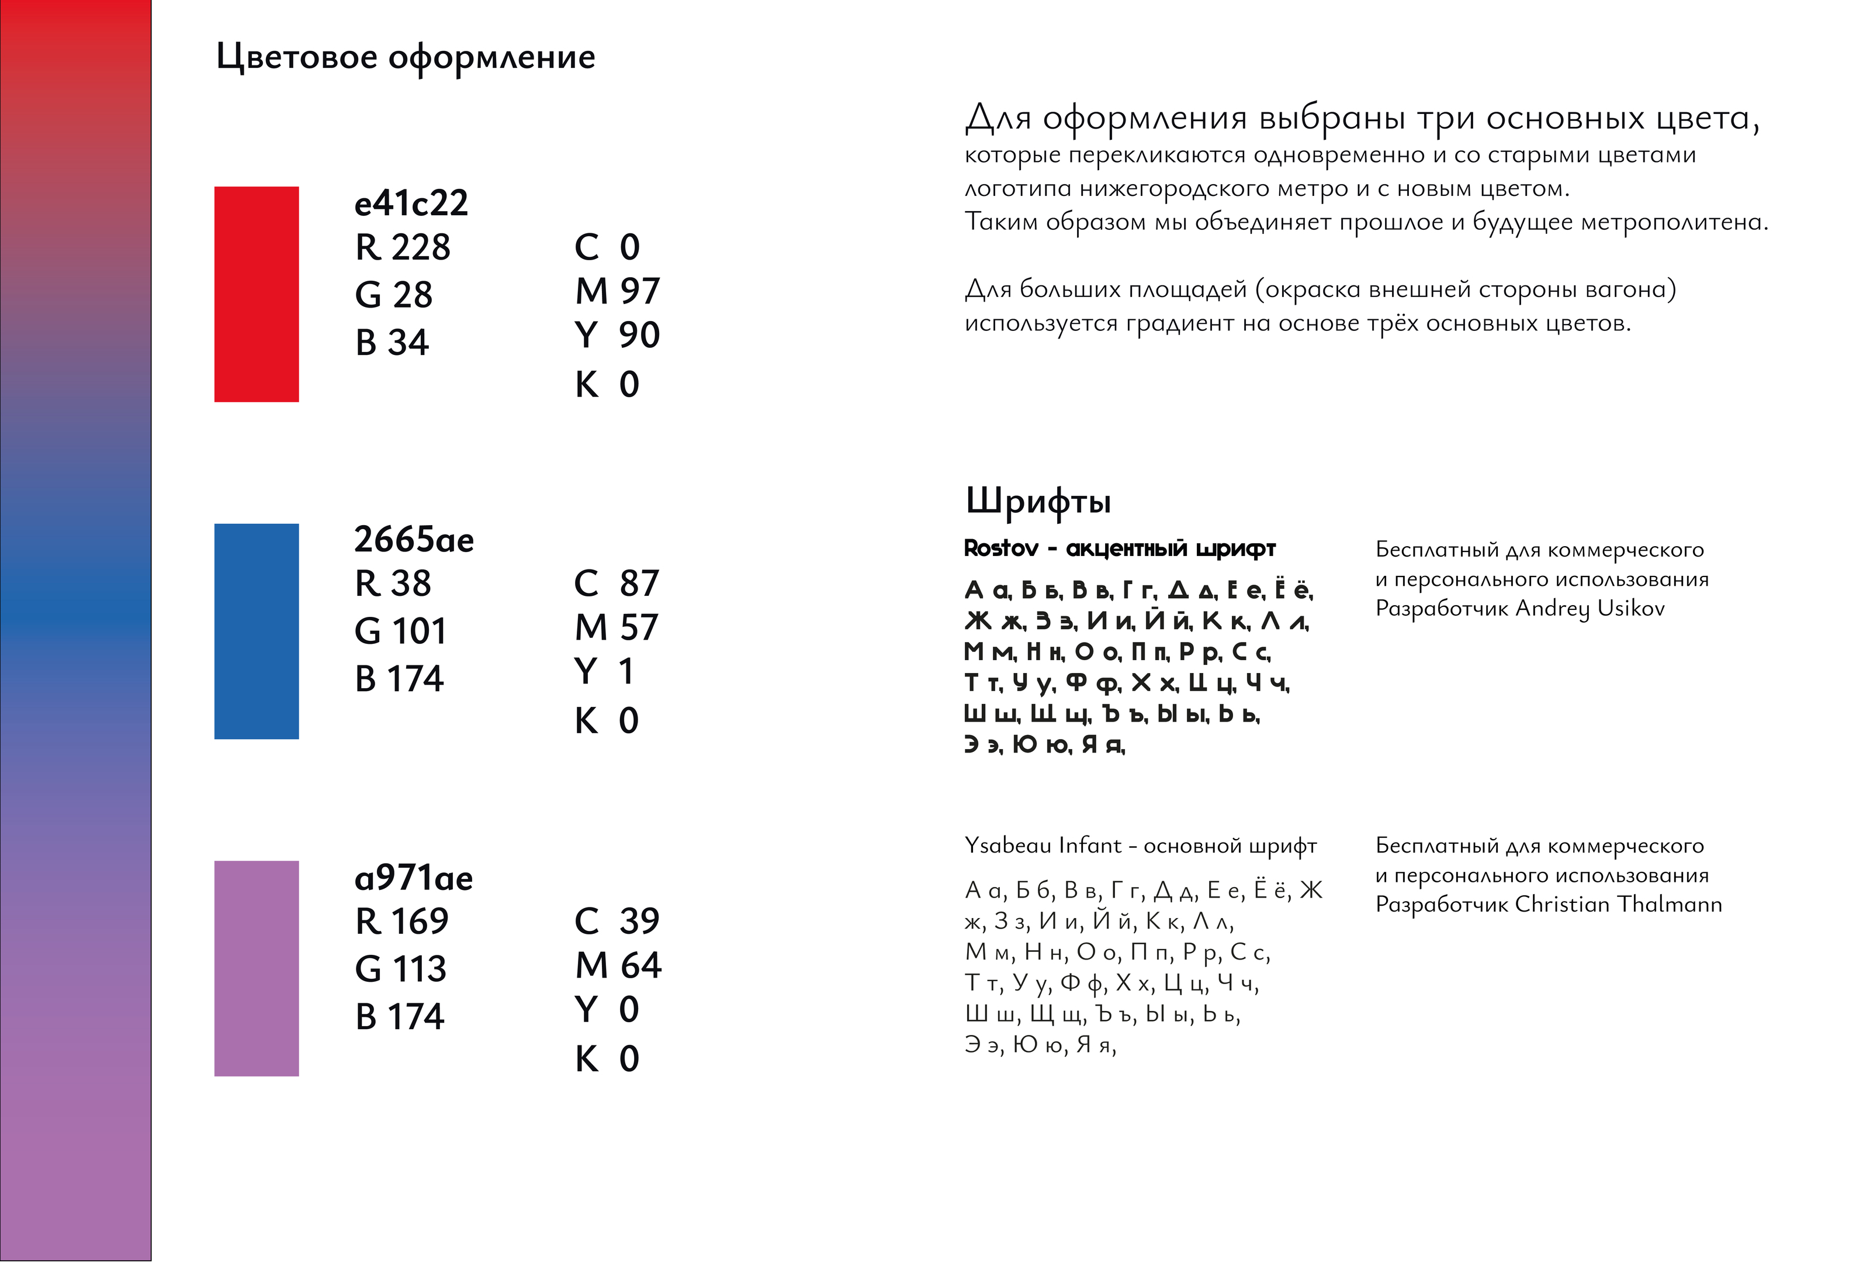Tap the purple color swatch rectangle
256,968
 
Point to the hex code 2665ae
414,539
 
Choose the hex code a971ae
414,878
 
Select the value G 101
400,631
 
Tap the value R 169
401,921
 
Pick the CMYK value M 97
617,291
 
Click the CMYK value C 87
617,583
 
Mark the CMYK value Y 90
617,335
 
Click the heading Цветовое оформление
406,57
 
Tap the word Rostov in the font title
1001,548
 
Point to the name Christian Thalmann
1618,904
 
